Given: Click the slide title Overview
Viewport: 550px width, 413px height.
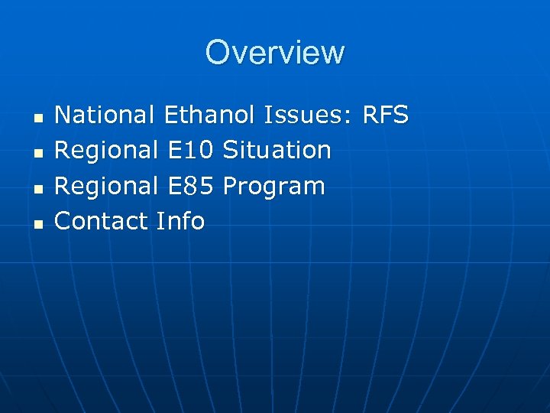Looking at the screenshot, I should pos(275,53).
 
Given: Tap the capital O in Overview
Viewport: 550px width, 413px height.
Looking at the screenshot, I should pos(218,53).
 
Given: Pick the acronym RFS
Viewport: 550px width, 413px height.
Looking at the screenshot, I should pos(386,115).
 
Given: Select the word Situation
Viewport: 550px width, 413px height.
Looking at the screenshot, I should pos(277,151).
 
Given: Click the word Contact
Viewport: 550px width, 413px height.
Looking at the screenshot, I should pos(102,221).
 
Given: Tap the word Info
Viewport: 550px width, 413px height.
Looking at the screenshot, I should pos(180,221).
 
